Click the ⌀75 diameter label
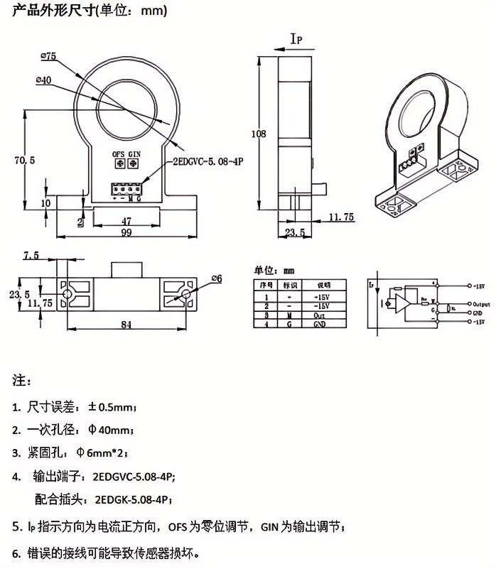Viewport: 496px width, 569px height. (x=49, y=55)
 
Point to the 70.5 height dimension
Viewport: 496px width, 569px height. (x=24, y=161)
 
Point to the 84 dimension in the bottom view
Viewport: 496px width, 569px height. (x=126, y=325)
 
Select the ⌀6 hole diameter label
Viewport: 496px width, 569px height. (x=217, y=278)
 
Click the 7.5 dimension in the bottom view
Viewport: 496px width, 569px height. (x=31, y=256)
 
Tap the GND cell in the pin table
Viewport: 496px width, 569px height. (x=319, y=324)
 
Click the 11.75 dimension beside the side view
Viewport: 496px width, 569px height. (x=342, y=218)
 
